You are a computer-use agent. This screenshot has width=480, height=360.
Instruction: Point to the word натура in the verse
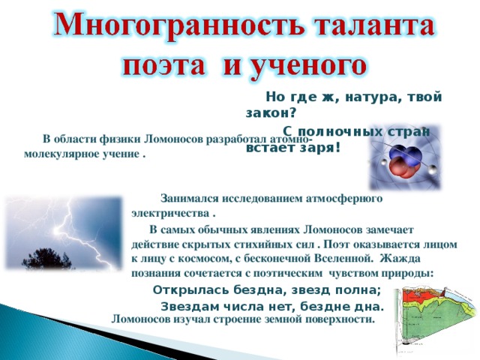[x=373, y=97]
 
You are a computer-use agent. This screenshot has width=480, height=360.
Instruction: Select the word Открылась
[x=187, y=289]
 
